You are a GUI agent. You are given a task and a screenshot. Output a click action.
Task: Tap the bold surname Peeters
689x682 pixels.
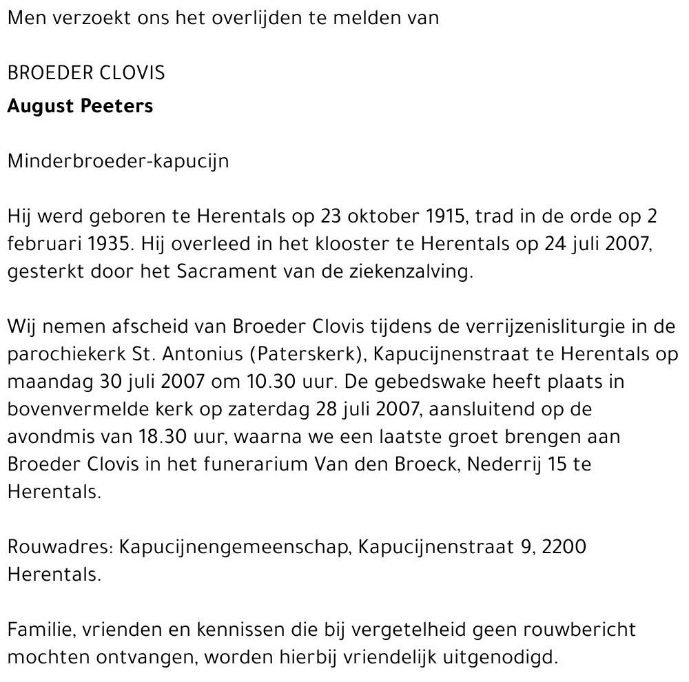pos(121,106)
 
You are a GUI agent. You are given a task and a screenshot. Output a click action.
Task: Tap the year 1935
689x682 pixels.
pos(106,244)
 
